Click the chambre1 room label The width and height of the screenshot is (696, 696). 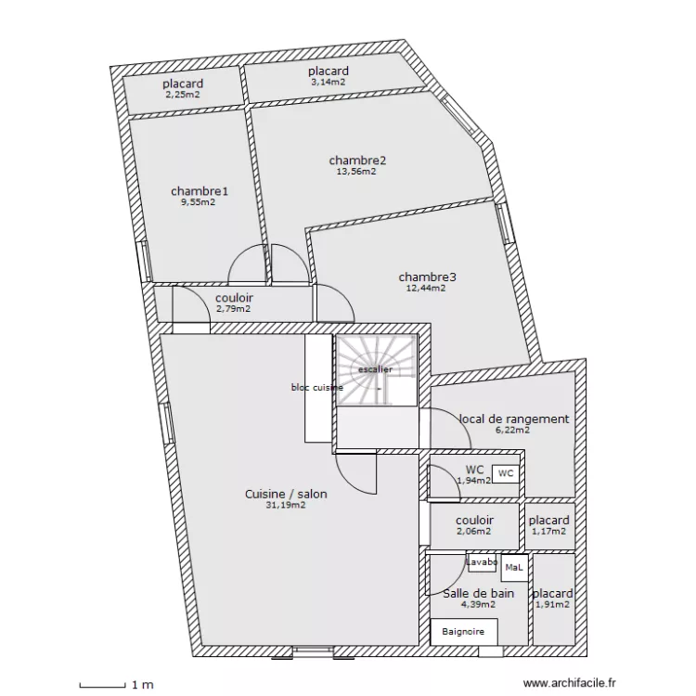(200, 191)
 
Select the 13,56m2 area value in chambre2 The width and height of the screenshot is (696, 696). (357, 172)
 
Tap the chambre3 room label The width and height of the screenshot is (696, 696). (427, 277)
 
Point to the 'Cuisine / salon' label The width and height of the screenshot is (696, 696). (286, 495)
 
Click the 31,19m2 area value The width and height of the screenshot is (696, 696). (286, 506)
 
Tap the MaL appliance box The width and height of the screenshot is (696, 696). (513, 567)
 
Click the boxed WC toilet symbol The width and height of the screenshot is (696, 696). (505, 473)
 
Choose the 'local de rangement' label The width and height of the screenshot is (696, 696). (514, 419)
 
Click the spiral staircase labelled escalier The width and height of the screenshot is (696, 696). (376, 369)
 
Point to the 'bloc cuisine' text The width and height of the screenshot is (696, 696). (316, 387)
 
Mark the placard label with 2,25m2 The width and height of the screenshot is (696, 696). (183, 84)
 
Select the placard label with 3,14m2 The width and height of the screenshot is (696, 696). (329, 71)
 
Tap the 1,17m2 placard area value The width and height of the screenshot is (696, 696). (548, 532)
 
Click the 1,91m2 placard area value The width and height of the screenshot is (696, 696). (552, 605)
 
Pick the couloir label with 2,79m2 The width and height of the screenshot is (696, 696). (234, 298)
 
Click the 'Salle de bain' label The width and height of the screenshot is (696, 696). (479, 593)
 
